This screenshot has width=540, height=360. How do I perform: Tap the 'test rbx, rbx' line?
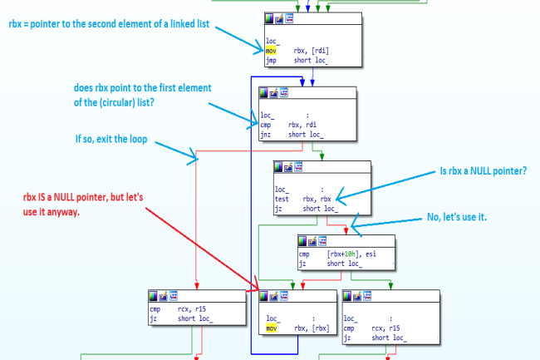pos(304,199)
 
